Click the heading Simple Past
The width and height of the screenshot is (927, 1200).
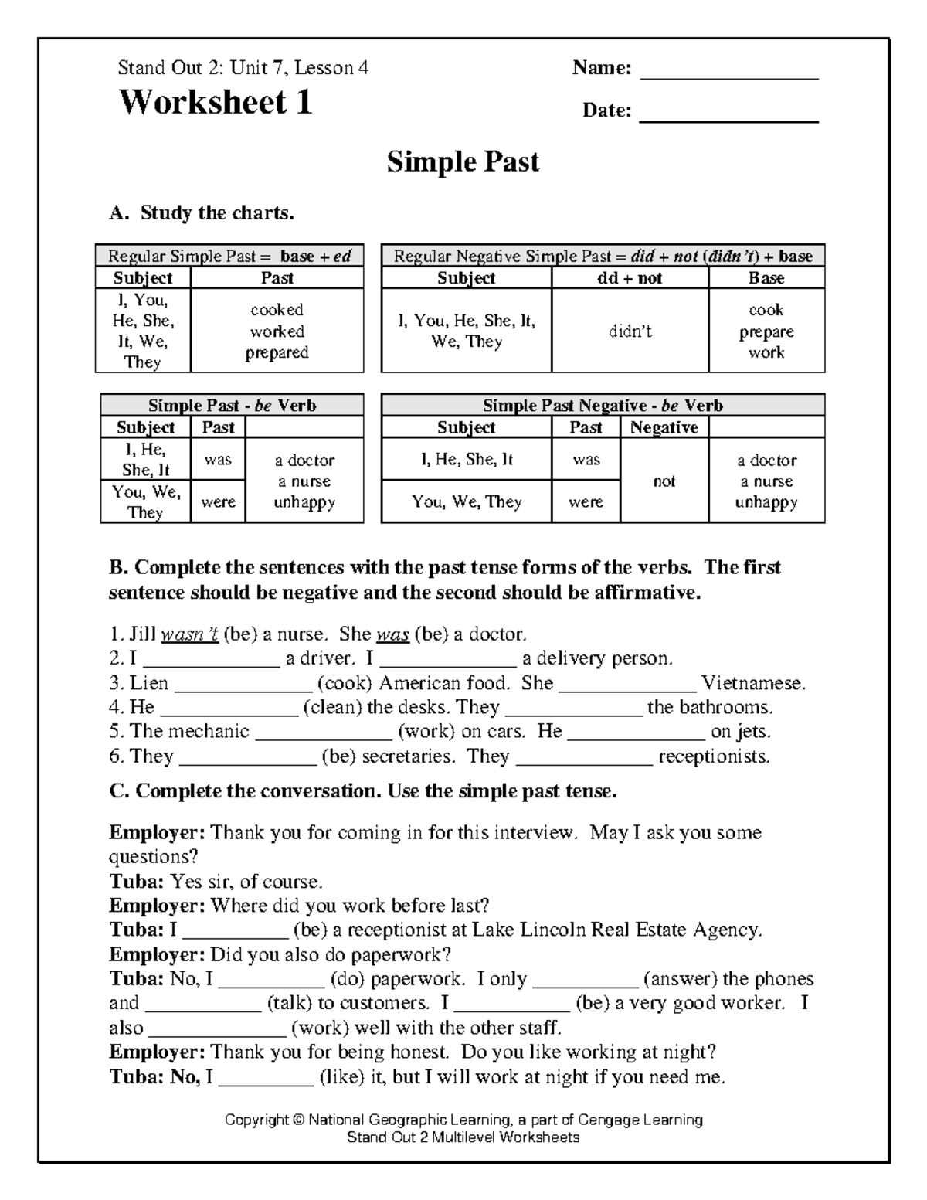pyautogui.click(x=463, y=161)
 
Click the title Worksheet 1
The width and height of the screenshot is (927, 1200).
pyautogui.click(x=215, y=102)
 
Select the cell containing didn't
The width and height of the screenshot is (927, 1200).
pyautogui.click(x=630, y=331)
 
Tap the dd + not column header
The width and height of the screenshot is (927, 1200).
pyautogui.click(x=630, y=278)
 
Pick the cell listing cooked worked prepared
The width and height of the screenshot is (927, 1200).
pyautogui.click(x=277, y=331)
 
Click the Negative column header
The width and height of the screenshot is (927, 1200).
pyautogui.click(x=664, y=427)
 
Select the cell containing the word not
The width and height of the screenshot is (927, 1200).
pyautogui.click(x=664, y=481)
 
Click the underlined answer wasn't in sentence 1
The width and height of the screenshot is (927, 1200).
pyautogui.click(x=189, y=635)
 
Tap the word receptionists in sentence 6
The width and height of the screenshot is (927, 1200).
pyautogui.click(x=713, y=756)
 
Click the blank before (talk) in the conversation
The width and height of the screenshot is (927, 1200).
pyautogui.click(x=203, y=1007)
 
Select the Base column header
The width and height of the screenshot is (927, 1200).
pyautogui.click(x=766, y=278)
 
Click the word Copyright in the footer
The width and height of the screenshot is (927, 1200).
pyautogui.click(x=254, y=1120)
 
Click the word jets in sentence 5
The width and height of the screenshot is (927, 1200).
pyautogui.click(x=753, y=732)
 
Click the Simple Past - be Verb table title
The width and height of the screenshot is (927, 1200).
pyautogui.click(x=232, y=406)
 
